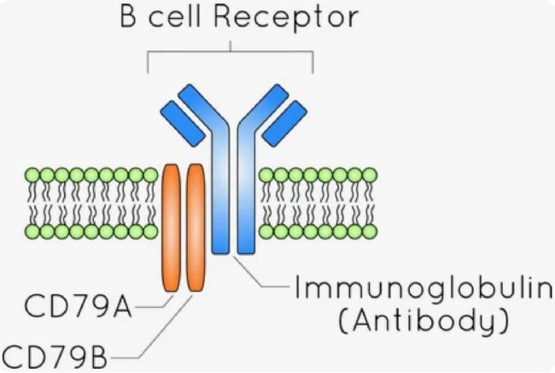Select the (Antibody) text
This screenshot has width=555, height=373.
(x=413, y=323)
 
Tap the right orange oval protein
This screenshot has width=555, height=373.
(x=196, y=228)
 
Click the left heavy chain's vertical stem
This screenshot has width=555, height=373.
(x=219, y=205)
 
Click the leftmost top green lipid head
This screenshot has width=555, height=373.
(x=34, y=175)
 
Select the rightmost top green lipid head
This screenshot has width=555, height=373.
(x=370, y=175)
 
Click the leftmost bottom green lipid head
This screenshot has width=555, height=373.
(x=34, y=231)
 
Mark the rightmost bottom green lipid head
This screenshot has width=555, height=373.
(x=370, y=231)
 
